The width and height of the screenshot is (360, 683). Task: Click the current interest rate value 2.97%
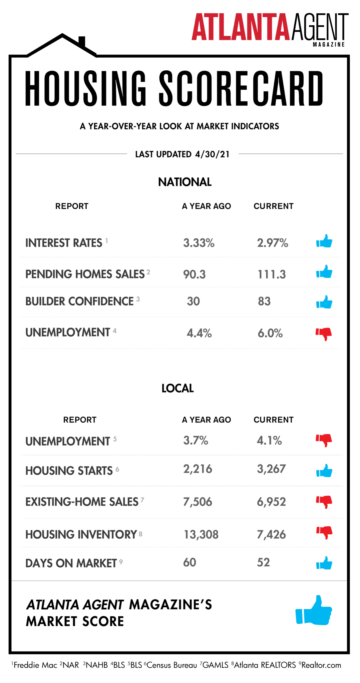tap(272, 243)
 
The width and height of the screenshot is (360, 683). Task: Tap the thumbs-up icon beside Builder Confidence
tap(324, 302)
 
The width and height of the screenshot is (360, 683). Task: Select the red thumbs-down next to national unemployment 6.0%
tap(324, 333)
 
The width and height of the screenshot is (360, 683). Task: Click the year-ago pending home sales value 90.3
tap(194, 274)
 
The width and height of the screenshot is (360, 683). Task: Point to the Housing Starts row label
tap(69, 471)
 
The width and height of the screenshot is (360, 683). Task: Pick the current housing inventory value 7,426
tap(271, 535)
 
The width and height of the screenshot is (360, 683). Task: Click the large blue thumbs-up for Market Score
tap(314, 610)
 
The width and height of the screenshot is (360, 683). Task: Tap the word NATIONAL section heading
tap(185, 182)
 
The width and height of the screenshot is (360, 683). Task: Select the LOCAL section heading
tap(177, 388)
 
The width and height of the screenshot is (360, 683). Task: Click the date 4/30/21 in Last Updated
tap(212, 154)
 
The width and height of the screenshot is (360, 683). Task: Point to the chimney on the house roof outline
tap(82, 42)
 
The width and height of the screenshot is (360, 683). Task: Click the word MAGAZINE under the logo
tap(329, 45)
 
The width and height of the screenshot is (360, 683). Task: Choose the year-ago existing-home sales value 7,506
tap(198, 502)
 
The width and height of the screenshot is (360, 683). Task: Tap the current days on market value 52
tap(263, 563)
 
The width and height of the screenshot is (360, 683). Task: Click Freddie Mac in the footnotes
tap(35, 665)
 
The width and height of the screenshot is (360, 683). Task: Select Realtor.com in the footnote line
tap(321, 665)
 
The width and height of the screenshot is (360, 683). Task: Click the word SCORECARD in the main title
tap(241, 89)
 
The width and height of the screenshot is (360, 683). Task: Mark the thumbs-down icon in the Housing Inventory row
tap(324, 532)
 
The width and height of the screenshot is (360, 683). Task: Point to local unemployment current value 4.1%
tap(269, 441)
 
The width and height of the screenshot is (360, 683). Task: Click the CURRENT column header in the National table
tap(273, 206)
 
